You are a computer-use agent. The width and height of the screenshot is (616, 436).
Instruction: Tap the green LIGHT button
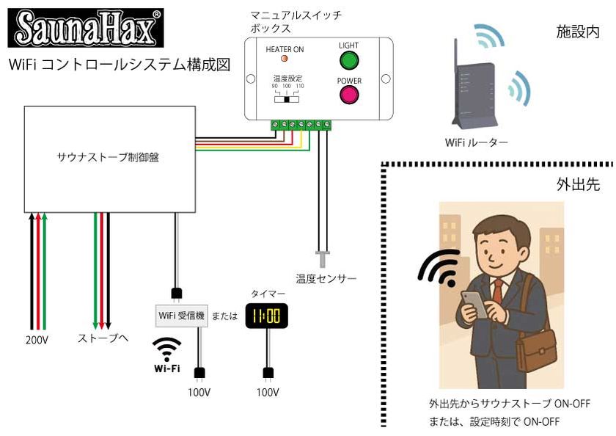point(349,60)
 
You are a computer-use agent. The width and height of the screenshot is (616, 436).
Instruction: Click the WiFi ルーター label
point(476,142)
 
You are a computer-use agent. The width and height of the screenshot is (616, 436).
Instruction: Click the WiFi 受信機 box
point(180,316)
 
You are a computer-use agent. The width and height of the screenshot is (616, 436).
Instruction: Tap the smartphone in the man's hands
point(475,302)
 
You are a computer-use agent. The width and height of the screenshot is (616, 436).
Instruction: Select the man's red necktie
point(497,290)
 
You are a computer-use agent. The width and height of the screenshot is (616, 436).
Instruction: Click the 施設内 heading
point(577,32)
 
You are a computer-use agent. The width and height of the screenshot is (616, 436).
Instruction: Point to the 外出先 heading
point(577,184)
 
